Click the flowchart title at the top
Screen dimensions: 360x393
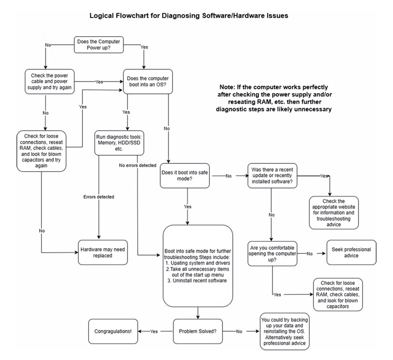pos(189,16)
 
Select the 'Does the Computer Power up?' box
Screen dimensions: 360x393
pos(99,45)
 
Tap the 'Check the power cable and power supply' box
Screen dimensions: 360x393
pos(46,81)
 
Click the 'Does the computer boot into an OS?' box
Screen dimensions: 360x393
pos(148,81)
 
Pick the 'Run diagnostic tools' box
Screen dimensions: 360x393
pos(117,142)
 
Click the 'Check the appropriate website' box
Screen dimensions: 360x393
pos(333,212)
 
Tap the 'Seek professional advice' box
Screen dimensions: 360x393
pos(349,253)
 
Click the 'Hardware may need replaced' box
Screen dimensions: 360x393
pos(103,252)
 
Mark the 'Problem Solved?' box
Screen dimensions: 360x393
pos(197,330)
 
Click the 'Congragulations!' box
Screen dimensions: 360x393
pos(113,330)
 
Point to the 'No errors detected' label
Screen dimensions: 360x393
pos(138,165)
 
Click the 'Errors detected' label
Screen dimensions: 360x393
pos(99,196)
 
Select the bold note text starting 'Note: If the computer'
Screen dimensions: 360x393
pos(274,98)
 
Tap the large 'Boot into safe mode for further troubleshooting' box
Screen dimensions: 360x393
pos(198,265)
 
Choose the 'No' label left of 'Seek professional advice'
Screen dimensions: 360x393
pos(309,253)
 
